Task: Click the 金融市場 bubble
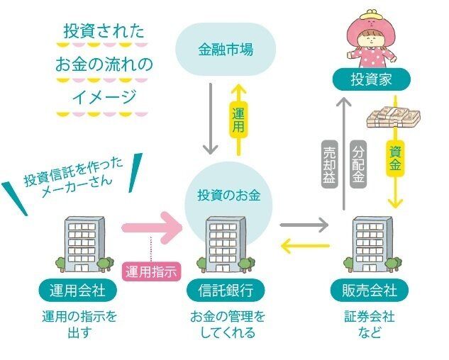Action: (x=224, y=50)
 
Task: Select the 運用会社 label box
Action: (x=78, y=291)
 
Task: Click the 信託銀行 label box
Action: (x=224, y=291)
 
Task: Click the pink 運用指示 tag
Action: (x=151, y=271)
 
